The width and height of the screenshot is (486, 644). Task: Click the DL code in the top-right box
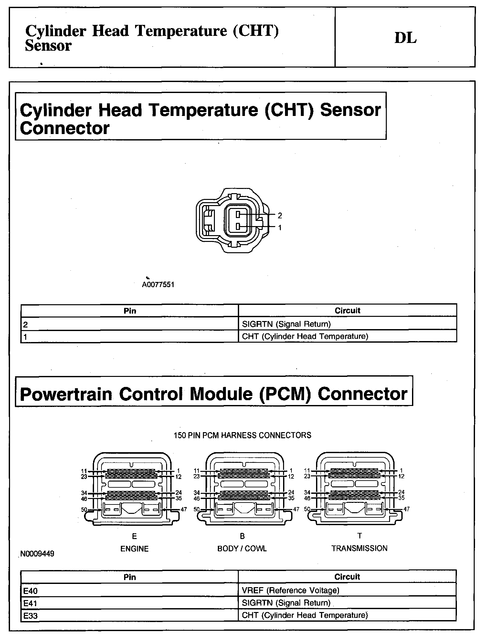[x=405, y=38]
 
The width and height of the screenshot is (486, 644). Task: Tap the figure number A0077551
[x=158, y=285]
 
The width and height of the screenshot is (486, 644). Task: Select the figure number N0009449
[x=37, y=554]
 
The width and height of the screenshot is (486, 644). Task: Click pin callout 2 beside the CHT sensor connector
[x=280, y=215]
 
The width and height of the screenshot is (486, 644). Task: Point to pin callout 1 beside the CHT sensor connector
[x=280, y=228]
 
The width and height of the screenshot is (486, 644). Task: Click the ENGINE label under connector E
[x=134, y=549]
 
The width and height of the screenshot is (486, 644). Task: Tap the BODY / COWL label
[x=242, y=548]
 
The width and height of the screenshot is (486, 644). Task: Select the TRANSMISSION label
[x=359, y=548]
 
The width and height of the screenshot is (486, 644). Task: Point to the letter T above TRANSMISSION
[x=360, y=536]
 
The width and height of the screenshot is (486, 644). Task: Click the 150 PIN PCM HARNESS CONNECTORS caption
[x=242, y=435]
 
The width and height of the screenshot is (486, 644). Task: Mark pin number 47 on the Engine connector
[x=184, y=509]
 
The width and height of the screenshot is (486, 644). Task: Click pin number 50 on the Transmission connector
[x=307, y=509]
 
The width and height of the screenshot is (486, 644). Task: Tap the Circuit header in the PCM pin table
[x=347, y=577]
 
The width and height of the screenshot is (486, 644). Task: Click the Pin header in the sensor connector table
[x=130, y=311]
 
